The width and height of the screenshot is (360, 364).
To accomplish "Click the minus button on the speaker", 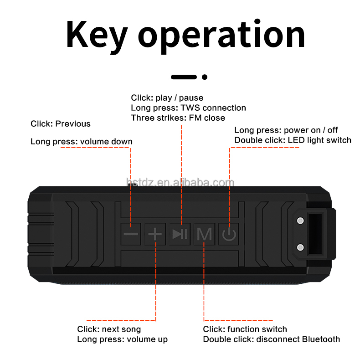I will pos(131,234).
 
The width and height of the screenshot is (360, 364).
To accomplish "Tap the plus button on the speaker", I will pos(155,234).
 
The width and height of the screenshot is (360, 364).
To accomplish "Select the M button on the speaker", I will pos(204,234).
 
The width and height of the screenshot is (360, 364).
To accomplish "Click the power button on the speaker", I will pos(229,235).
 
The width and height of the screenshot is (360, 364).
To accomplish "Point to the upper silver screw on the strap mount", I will pos(300,221).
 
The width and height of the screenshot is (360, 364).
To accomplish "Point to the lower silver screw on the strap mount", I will pos(300,247).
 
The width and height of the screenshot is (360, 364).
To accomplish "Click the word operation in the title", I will pos(221,36).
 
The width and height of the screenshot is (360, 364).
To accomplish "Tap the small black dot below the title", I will pos(205,77).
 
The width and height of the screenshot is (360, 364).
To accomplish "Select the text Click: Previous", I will pos(61,124).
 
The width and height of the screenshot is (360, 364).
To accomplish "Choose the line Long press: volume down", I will pos(82,142).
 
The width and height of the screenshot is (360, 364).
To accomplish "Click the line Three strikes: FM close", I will pos(178,118).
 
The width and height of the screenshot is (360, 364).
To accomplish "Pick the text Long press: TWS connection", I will pos(188,108).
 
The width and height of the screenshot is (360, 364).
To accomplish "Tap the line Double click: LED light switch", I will pos(293,140).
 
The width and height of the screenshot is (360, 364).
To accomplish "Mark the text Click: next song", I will pos(109,329).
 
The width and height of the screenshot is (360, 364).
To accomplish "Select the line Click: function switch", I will pos(245,329).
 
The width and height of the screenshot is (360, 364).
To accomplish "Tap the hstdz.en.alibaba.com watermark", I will pos(180,183).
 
